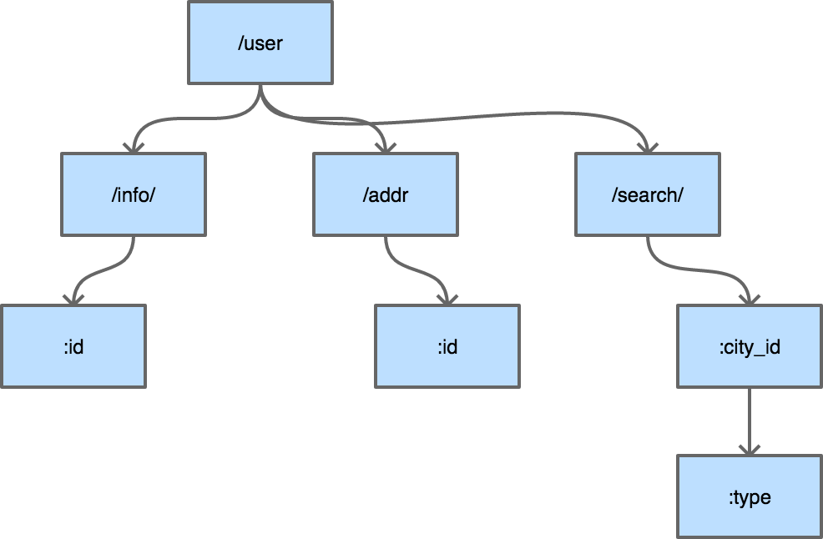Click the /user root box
tap(260, 43)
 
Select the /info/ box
tap(134, 194)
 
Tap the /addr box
tap(386, 194)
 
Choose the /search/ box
tap(648, 194)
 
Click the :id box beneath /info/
tap(73, 346)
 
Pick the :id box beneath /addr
tap(447, 346)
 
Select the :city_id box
tap(750, 346)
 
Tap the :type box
tap(750, 497)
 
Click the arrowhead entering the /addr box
tap(385, 146)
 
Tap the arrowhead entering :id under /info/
tap(73, 298)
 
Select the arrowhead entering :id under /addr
tap(447, 298)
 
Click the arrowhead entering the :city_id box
tap(750, 298)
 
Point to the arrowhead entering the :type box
tap(750, 449)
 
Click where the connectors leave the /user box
tap(260, 90)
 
